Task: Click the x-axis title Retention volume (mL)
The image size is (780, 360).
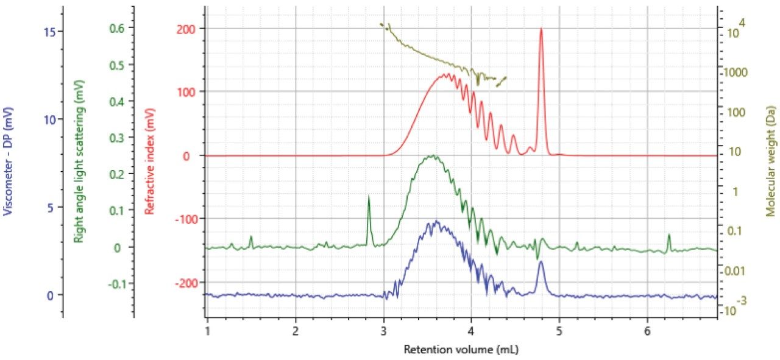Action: (461, 350)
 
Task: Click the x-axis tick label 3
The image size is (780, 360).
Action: (384, 330)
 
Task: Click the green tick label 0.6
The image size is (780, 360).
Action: (117, 27)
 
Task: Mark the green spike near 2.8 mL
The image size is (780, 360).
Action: (369, 198)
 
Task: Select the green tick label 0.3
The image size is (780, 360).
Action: (117, 138)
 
